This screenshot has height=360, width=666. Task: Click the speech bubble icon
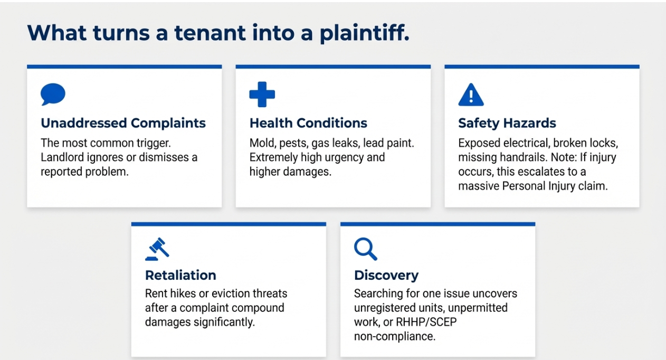click(x=53, y=94)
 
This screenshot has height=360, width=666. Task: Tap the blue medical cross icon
click(x=262, y=94)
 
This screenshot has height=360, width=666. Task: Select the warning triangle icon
click(x=471, y=95)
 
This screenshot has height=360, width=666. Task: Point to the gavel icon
click(x=157, y=249)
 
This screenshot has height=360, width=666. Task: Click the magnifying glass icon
click(x=366, y=249)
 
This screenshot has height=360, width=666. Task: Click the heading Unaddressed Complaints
click(x=123, y=123)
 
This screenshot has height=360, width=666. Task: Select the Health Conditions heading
click(x=308, y=123)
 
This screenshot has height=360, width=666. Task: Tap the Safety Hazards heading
click(x=507, y=123)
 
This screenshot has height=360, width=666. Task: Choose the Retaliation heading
click(x=180, y=275)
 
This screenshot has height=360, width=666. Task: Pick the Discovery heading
click(x=386, y=275)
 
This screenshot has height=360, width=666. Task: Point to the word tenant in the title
click(x=210, y=33)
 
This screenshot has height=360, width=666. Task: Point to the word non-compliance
click(x=395, y=337)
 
